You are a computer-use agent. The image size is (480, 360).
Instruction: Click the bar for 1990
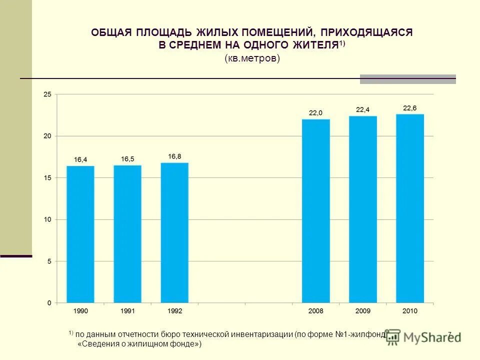[x=80, y=234]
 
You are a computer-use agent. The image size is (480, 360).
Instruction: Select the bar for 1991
[x=127, y=234]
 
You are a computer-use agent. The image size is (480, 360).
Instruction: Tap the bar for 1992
[x=174, y=233]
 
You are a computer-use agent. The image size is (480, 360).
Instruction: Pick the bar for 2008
[x=316, y=211]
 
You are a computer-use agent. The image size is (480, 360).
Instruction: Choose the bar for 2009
[x=363, y=209]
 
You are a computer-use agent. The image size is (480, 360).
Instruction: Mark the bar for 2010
[x=410, y=208]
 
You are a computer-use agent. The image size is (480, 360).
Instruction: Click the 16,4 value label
[x=80, y=159]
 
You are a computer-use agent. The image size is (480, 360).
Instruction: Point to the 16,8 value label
[x=174, y=156]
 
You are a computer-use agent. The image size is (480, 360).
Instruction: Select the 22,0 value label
[x=316, y=113]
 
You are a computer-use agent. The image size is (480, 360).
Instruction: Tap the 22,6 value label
[x=410, y=108]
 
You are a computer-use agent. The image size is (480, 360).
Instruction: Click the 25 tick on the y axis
[x=47, y=94]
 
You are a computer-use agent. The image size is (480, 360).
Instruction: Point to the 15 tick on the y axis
[x=47, y=178]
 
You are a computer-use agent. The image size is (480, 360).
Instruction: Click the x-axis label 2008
[x=316, y=311]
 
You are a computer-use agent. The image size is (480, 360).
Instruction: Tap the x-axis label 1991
[x=127, y=311]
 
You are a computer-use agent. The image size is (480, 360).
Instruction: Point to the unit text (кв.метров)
[x=251, y=58]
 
